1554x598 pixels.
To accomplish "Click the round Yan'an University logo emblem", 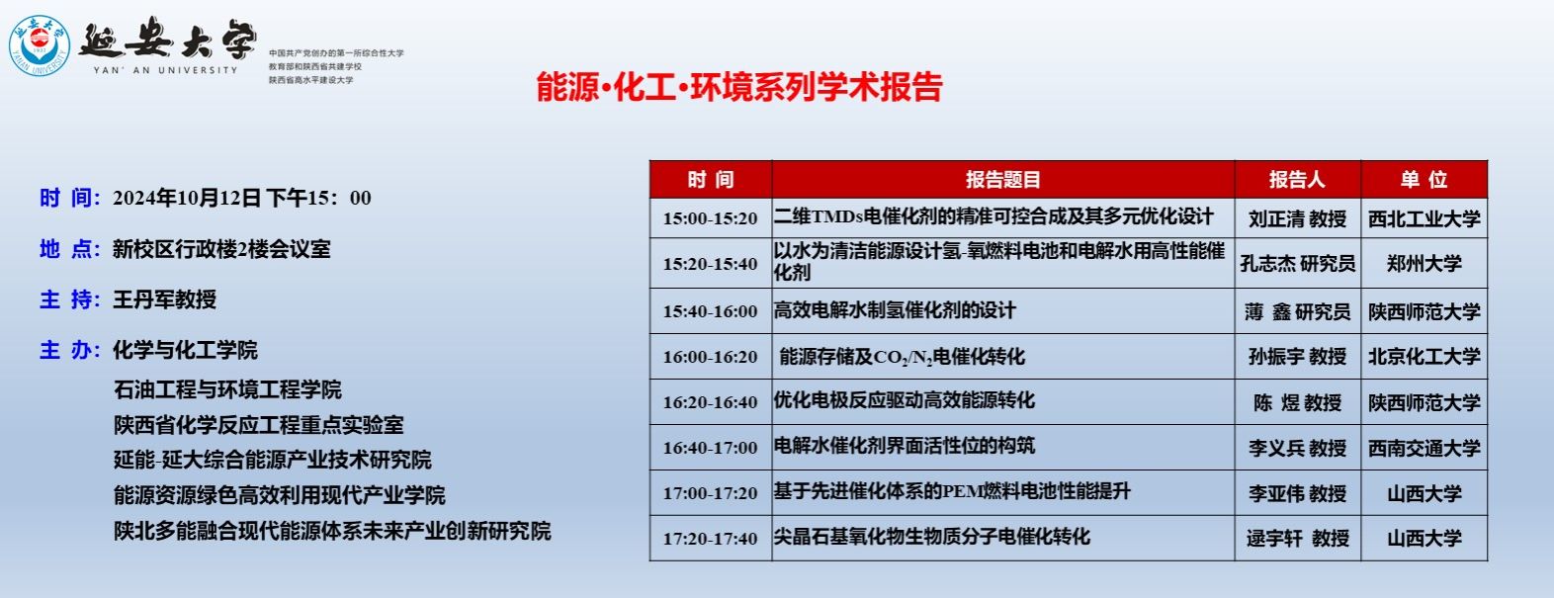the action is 40,45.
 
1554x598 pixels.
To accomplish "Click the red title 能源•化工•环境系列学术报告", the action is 739,87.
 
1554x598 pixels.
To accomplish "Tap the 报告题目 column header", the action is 1003,180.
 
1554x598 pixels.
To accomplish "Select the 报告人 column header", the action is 1297,180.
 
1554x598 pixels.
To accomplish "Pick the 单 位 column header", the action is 1424,180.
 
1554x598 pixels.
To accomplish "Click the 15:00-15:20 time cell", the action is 710,218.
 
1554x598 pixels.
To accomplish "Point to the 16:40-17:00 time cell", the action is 710,448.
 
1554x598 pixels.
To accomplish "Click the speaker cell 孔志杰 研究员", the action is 1297,264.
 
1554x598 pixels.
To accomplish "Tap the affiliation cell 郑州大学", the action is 1424,264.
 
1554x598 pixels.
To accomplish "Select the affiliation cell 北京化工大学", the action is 1424,357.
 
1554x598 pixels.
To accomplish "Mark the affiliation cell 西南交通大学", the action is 1424,448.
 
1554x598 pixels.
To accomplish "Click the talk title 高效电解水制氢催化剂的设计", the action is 895,310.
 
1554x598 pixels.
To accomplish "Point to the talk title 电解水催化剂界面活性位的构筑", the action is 904,446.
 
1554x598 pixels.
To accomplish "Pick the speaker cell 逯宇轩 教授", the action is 1297,539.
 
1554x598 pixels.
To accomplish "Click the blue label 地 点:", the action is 70,249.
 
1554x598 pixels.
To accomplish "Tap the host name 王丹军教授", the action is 164,299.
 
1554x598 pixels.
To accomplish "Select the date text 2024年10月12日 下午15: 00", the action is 241,199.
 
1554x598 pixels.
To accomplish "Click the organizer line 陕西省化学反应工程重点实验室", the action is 259,425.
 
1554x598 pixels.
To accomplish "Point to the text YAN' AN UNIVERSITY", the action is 165,70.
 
